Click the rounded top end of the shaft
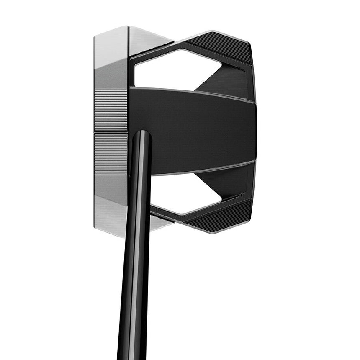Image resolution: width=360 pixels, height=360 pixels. tap(142, 135)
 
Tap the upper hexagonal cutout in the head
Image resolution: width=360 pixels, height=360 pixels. tap(174, 69)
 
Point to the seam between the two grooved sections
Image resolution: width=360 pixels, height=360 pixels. tap(111, 131)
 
